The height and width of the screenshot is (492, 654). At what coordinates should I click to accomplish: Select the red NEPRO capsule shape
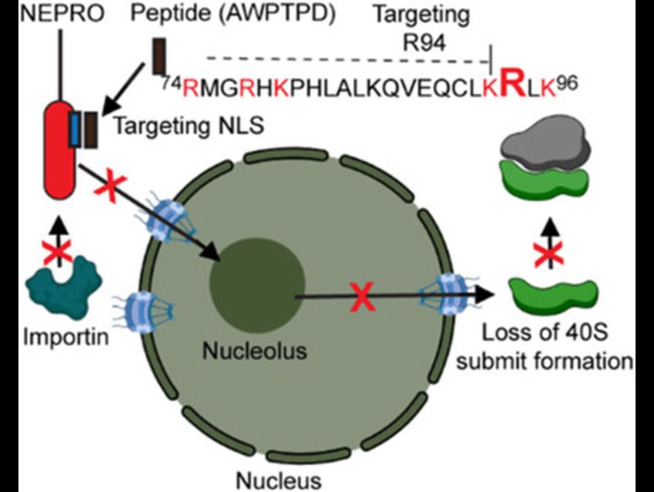[59, 146]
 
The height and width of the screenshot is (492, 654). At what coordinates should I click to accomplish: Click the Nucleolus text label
[255, 352]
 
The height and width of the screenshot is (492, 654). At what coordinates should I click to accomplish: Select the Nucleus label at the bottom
[269, 480]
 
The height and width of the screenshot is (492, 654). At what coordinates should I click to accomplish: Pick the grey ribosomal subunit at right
[542, 144]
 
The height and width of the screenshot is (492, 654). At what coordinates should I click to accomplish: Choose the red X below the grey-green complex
[549, 249]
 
